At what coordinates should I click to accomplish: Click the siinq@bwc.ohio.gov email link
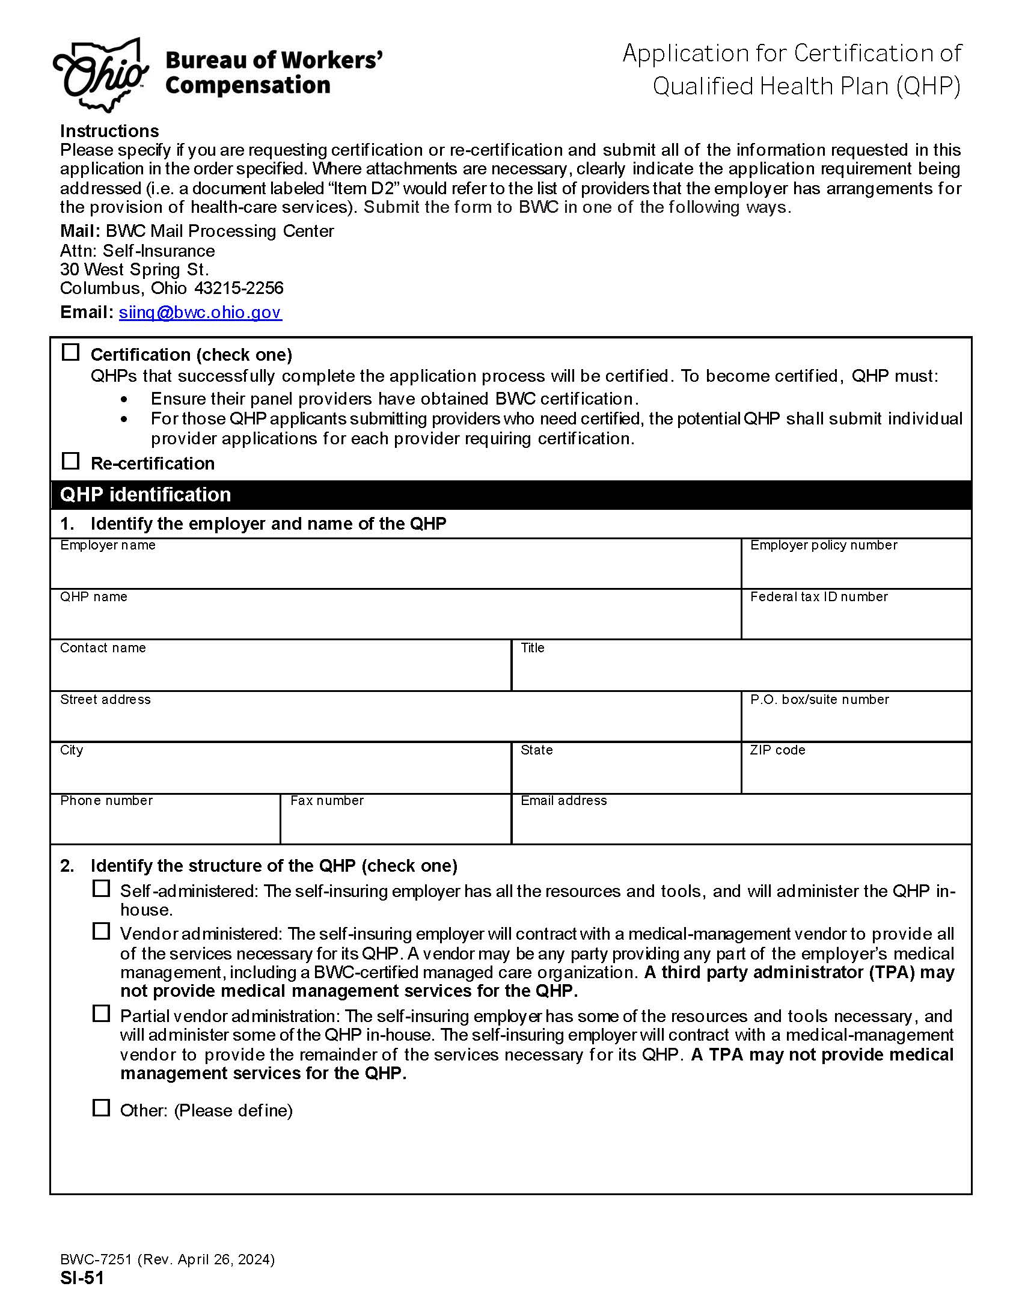coord(200,312)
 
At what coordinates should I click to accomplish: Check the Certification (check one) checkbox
coord(71,352)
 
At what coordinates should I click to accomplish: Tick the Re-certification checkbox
coord(71,461)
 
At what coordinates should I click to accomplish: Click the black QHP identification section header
coord(510,495)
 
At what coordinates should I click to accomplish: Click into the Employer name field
coord(395,569)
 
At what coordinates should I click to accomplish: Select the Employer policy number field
coord(855,569)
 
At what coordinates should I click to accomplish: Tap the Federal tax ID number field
coord(855,620)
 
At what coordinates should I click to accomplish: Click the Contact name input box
coord(280,672)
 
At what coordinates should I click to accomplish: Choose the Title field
coord(741,672)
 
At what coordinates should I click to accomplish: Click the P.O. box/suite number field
coord(855,723)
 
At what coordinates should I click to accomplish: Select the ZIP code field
coord(855,774)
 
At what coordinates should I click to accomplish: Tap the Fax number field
coord(395,824)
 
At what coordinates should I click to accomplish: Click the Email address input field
coord(741,824)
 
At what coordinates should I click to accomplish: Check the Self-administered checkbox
coord(101,889)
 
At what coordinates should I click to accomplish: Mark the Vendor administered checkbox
coord(101,932)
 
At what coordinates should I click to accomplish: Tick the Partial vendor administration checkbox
coord(101,1014)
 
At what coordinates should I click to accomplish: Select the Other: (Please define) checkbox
coord(101,1108)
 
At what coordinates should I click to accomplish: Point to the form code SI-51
coord(82,1278)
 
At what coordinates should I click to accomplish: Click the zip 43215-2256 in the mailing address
coord(239,288)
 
